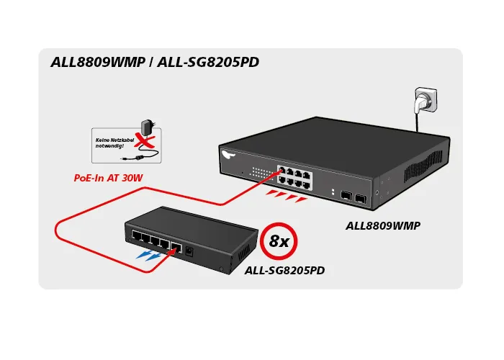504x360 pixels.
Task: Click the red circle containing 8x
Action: [278, 240]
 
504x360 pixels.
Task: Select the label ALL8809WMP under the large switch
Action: [383, 225]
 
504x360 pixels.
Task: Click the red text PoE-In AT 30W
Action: [109, 178]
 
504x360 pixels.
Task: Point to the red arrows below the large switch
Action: [286, 196]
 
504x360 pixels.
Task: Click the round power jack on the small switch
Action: [189, 250]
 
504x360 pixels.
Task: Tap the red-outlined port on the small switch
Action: [174, 246]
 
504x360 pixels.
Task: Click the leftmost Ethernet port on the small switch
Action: [135, 235]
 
